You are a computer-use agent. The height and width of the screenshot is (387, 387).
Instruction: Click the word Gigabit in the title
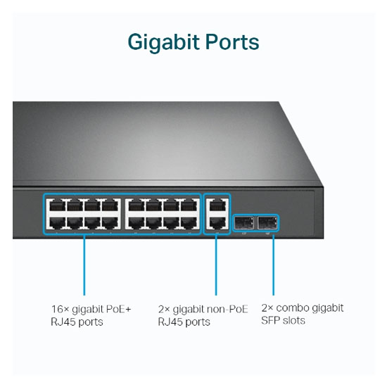(x=163, y=42)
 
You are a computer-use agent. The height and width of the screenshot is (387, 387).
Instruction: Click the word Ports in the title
(x=232, y=42)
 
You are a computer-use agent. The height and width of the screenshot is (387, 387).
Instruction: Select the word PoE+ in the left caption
(x=118, y=309)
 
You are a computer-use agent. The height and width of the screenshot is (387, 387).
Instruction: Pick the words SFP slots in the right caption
(x=283, y=320)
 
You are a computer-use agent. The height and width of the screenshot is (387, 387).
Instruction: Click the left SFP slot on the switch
(x=243, y=222)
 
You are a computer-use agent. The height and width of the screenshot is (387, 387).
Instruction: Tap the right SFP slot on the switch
(x=267, y=222)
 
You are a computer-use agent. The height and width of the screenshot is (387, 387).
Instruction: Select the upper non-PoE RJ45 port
(x=217, y=205)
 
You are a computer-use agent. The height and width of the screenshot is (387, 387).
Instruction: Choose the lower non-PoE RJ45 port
(x=217, y=222)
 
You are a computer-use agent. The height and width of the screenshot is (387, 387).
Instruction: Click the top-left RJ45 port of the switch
(x=57, y=205)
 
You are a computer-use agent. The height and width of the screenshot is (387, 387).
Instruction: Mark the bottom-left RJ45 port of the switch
(x=57, y=222)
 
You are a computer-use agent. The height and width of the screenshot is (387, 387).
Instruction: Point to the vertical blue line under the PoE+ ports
(x=84, y=265)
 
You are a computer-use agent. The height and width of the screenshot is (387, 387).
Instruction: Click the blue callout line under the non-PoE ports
(x=216, y=265)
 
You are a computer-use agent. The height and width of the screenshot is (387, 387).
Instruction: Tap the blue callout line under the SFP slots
(x=273, y=264)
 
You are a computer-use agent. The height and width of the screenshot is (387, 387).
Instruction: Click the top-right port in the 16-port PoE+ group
(x=189, y=205)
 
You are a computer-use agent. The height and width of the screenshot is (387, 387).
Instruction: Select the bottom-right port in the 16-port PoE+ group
(x=189, y=222)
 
